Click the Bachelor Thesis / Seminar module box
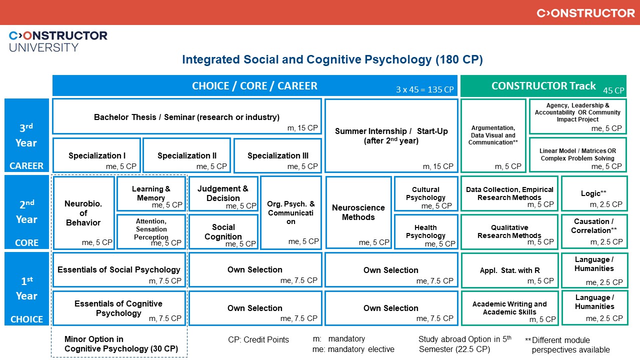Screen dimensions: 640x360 coord(187,116)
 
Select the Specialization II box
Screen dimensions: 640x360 coord(186,155)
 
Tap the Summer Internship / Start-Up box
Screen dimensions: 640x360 coord(391,135)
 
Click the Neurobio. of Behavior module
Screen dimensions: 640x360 coord(83,213)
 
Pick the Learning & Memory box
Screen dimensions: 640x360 coord(151,193)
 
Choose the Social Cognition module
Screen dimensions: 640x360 coord(223,231)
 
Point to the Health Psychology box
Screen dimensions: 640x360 coord(425,231)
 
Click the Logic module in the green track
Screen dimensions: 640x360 coord(594,193)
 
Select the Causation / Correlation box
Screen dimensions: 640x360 coord(594,231)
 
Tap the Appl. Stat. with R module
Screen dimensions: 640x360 coord(509,270)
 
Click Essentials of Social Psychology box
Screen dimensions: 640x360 coord(119,270)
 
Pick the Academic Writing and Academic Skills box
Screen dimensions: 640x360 coord(509,308)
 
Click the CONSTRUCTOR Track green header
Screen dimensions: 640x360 coord(543,85)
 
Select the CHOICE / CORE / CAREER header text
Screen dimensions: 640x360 coord(254,85)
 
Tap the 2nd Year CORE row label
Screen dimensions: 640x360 coord(26,212)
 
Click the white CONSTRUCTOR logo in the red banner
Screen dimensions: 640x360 coord(585,13)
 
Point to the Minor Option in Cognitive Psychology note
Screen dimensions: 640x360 coord(121,343)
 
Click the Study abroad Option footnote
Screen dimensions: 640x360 coord(465,343)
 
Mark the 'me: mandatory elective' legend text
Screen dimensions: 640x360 coord(353,349)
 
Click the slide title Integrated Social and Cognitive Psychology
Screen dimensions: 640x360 coord(332,59)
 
